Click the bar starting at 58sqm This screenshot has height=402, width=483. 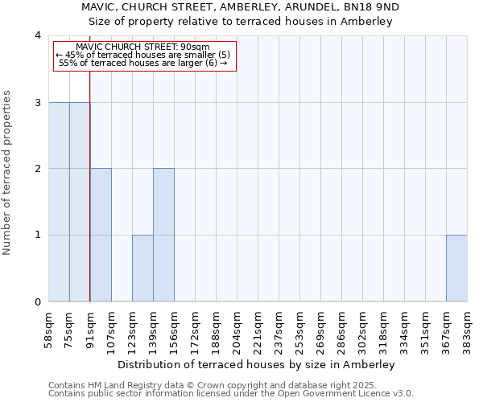[59, 202]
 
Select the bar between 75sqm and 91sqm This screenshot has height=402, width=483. [80, 202]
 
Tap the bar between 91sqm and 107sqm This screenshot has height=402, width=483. [101, 235]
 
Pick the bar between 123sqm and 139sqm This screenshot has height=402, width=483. [142, 268]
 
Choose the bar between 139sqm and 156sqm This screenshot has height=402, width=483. [163, 235]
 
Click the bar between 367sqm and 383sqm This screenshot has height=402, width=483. [456, 268]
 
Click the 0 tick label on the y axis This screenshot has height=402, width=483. [38, 301]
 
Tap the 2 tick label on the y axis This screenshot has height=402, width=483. [38, 169]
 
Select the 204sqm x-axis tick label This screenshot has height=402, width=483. [237, 327]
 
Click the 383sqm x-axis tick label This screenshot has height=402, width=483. [467, 327]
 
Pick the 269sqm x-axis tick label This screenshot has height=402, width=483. [320, 327]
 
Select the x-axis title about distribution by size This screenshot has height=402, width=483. [258, 364]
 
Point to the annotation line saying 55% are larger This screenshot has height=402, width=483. [143, 63]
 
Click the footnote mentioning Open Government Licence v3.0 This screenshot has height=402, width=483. [231, 394]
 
